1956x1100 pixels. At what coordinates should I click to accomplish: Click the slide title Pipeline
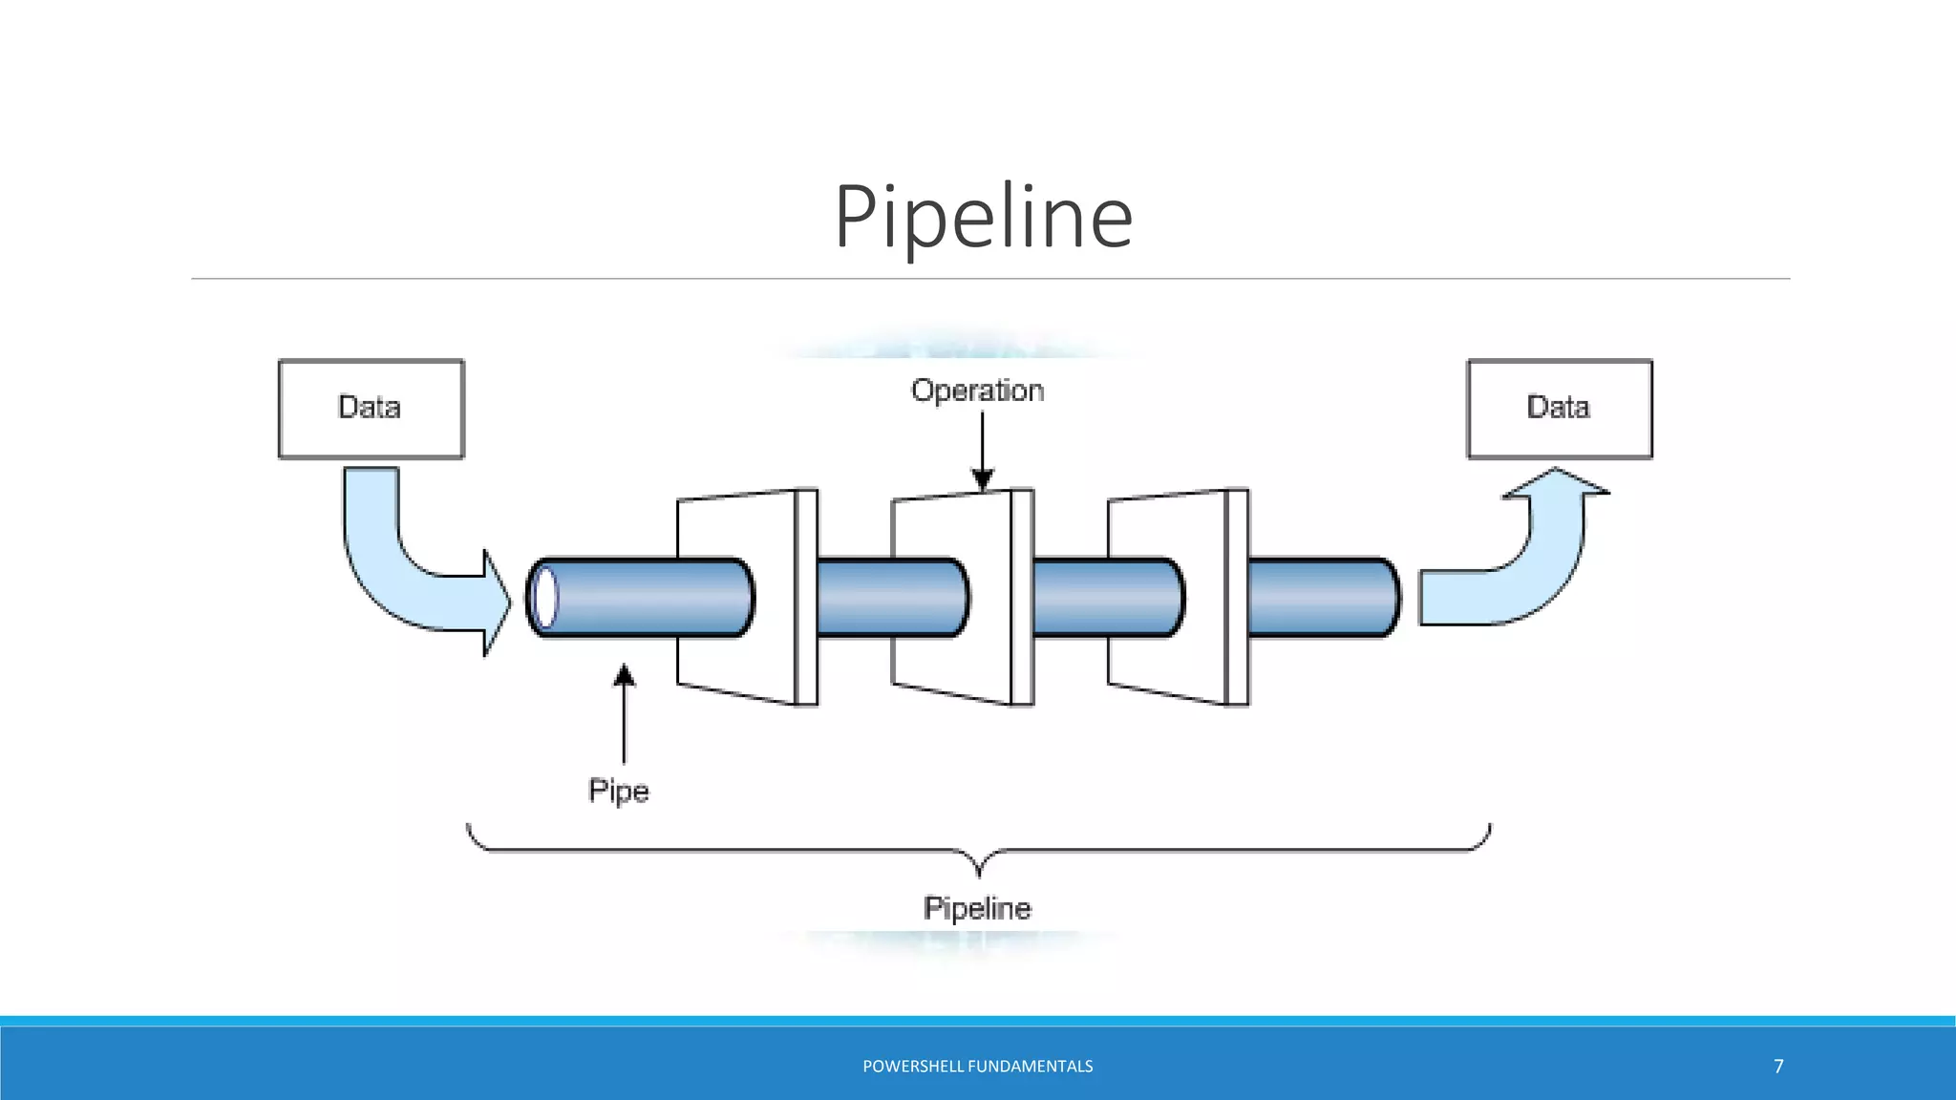coord(983,218)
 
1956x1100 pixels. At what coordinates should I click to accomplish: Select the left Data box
coord(371,409)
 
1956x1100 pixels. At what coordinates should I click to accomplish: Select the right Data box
coord(1559,409)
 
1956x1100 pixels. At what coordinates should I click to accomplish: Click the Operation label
coord(977,391)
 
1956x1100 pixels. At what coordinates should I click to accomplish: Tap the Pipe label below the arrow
coord(618,792)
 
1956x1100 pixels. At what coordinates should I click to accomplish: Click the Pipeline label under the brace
coord(977,908)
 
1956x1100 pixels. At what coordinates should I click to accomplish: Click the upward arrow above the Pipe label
coord(624,711)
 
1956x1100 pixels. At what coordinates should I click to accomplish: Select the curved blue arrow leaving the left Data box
coord(411,573)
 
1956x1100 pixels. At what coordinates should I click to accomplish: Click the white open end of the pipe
coord(544,598)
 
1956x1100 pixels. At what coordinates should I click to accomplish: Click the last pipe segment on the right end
coord(1323,598)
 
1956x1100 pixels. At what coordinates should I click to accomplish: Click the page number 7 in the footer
coord(1778,1067)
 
